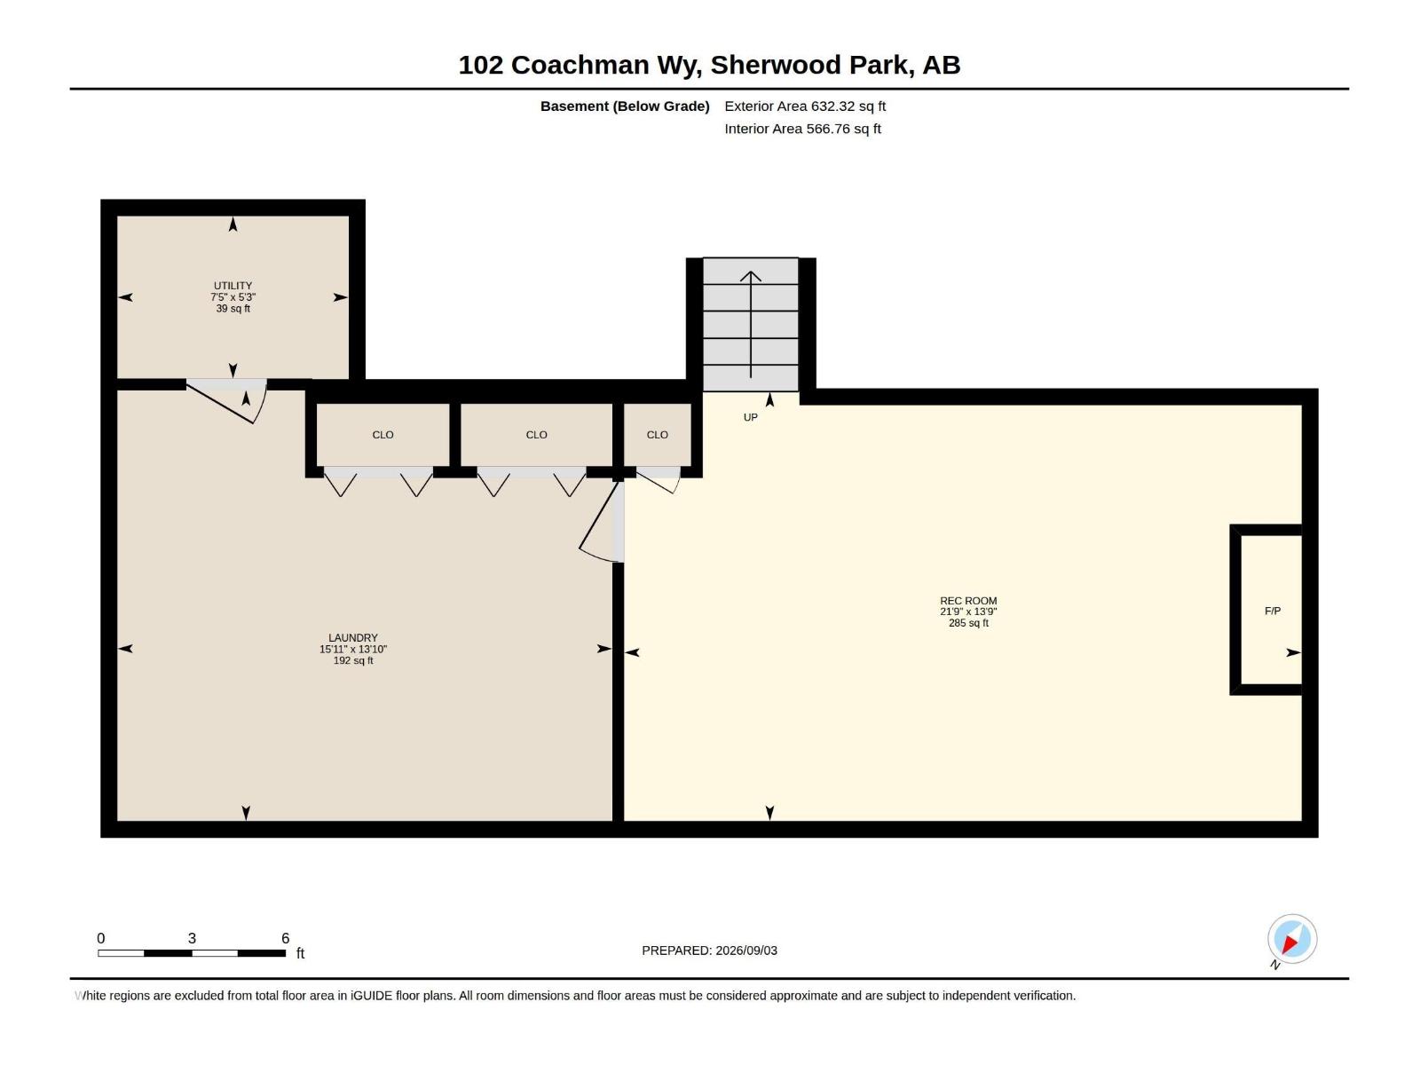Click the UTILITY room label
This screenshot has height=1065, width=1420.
coord(233,285)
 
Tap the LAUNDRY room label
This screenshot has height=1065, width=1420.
coord(352,637)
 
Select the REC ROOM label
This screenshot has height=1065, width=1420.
coord(967,601)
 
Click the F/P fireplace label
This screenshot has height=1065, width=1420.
coord(1272,611)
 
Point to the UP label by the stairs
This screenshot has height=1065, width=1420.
coord(750,417)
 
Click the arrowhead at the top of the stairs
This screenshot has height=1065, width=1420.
coord(751,276)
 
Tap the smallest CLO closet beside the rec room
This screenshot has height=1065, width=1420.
coord(658,435)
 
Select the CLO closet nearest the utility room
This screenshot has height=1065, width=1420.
coord(383,435)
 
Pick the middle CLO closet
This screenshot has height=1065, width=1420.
coord(536,435)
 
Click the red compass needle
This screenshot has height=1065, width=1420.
coord(1289,944)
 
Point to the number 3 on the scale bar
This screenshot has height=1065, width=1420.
coord(192,937)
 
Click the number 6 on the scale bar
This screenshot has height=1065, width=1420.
coord(285,937)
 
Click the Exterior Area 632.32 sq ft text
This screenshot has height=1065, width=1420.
coord(805,106)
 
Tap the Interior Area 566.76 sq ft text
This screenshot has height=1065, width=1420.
coord(802,129)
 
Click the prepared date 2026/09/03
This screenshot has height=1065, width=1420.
coord(745,951)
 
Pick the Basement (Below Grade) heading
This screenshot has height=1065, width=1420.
coord(625,106)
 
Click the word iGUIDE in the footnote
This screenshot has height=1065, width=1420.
coord(371,996)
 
